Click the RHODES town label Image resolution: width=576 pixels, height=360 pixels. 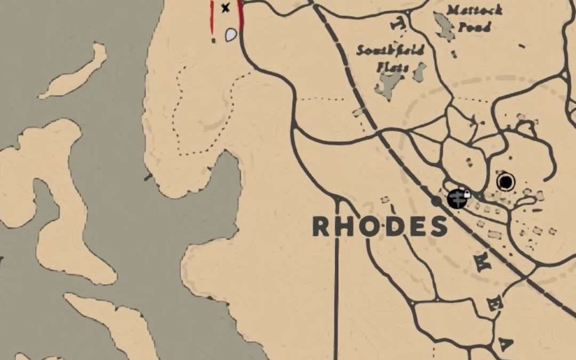click(379, 227)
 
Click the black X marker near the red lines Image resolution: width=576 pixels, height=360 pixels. click(226, 7)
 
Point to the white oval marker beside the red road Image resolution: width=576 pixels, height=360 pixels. click(231, 35)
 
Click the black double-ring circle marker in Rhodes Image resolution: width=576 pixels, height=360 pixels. click(506, 182)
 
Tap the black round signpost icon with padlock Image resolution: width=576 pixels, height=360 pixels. click(457, 199)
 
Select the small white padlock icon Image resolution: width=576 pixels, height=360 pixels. click(467, 195)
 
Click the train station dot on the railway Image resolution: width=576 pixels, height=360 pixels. click(436, 201)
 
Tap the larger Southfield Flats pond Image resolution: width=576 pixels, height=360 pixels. click(389, 85)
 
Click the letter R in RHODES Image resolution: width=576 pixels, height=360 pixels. click(322, 227)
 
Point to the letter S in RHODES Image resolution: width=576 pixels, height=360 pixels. click(438, 227)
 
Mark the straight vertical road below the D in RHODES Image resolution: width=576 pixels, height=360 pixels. click(337, 299)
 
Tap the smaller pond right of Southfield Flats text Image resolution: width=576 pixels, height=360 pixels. click(420, 71)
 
